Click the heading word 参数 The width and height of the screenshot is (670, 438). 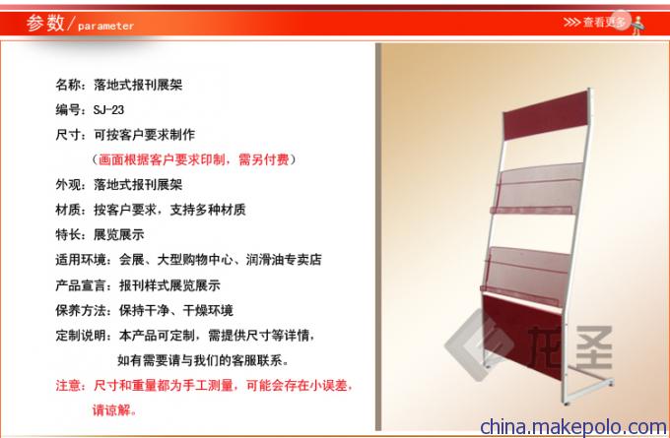coord(45,23)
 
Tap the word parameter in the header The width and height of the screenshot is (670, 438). coord(106,26)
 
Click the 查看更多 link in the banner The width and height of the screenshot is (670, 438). coord(604,22)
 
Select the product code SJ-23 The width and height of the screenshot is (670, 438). coord(108,109)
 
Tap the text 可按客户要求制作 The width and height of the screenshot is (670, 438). coord(145,135)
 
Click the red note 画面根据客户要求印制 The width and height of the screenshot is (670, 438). coord(162,159)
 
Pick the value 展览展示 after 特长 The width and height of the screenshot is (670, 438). coord(119,234)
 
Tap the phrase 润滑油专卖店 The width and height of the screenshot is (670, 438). coord(284,260)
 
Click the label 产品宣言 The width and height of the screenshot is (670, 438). coord(81,285)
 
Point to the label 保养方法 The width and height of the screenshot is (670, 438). coord(81,310)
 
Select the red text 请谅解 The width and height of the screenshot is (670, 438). coord(112,410)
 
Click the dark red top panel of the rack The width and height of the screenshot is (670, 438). coord(546,115)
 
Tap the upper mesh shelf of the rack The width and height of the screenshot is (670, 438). coord(536,189)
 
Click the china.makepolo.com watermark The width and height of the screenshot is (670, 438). coord(573,426)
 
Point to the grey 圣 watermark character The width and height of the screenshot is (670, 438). coord(594,346)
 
